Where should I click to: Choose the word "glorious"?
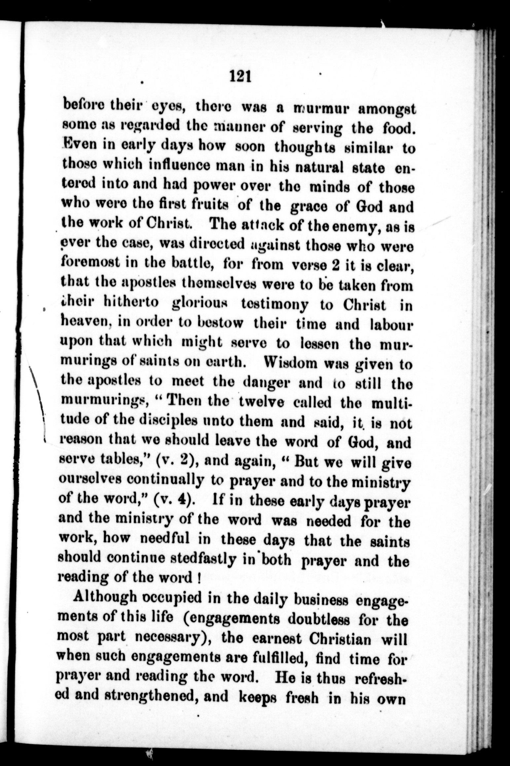[x=200, y=305]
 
